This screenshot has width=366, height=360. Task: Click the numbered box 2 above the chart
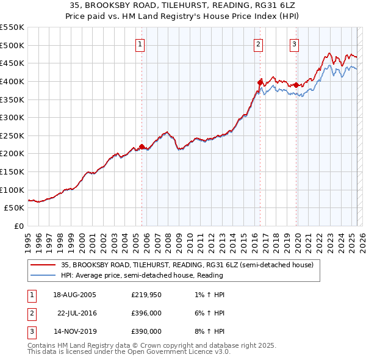point(259,44)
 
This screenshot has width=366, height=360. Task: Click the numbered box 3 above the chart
point(294,44)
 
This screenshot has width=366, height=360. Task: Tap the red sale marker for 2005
point(142,146)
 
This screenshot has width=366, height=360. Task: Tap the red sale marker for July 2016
point(260,82)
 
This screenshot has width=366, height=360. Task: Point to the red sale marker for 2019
point(296,85)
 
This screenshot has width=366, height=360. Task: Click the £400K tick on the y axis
point(12,81)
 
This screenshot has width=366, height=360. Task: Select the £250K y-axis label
point(12,135)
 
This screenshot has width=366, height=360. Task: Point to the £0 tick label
point(19,226)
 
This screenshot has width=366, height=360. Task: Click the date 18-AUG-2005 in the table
point(74,295)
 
